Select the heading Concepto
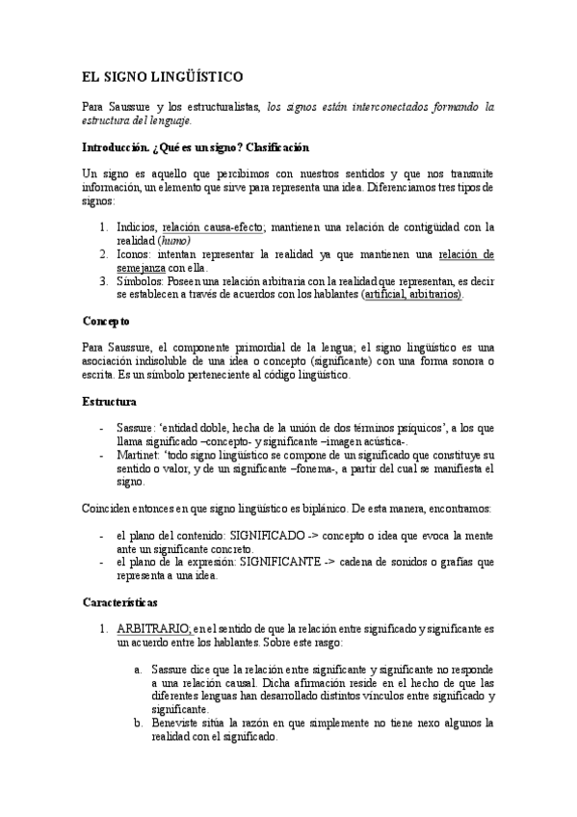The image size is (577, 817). pos(106,319)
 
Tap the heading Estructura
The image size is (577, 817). pos(109,401)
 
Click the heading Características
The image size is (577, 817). pos(118,600)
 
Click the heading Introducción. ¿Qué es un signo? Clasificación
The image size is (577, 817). pos(196,147)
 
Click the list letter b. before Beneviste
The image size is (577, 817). pos(139,722)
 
